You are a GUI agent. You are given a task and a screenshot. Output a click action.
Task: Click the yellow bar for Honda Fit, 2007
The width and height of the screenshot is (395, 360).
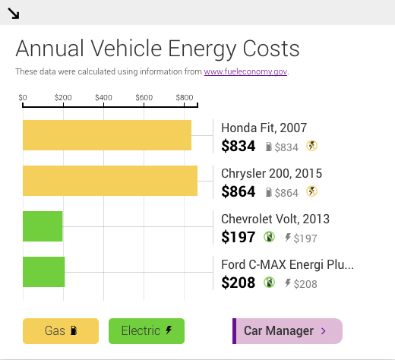[106, 135]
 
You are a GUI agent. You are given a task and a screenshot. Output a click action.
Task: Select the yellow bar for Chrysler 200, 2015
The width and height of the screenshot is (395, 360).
[109, 181]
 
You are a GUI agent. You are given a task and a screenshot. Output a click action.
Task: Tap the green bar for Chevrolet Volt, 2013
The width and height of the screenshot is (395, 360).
[43, 226]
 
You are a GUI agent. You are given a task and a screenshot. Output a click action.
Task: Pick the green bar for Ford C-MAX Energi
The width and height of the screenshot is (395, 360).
[43, 272]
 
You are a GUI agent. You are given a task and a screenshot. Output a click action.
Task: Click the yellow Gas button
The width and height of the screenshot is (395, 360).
[61, 331]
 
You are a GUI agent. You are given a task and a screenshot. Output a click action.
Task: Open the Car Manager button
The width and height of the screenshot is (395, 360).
[287, 331]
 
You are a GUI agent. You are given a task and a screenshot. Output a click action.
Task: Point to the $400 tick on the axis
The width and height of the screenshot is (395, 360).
[104, 98]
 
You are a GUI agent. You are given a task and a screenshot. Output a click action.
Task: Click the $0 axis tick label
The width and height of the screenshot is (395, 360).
[23, 98]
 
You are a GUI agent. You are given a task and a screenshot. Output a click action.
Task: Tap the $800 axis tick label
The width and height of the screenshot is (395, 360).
[183, 98]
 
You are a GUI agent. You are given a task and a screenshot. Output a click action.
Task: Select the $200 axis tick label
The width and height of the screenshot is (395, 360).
[64, 98]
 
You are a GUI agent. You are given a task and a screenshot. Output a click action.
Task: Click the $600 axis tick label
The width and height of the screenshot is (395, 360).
[144, 98]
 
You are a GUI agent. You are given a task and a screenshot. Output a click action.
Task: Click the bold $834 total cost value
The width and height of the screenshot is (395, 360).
[238, 147]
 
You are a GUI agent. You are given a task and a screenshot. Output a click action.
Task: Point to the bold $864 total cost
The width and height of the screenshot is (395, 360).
[238, 192]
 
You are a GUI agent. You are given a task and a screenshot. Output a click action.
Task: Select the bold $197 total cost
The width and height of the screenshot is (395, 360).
[238, 238]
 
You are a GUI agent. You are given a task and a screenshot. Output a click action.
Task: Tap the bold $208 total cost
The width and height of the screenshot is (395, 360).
[238, 283]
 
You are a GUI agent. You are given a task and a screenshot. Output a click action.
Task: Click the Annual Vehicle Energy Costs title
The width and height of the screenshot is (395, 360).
[157, 49]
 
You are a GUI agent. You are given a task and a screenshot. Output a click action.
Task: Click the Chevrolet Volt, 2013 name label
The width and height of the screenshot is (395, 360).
[275, 219]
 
